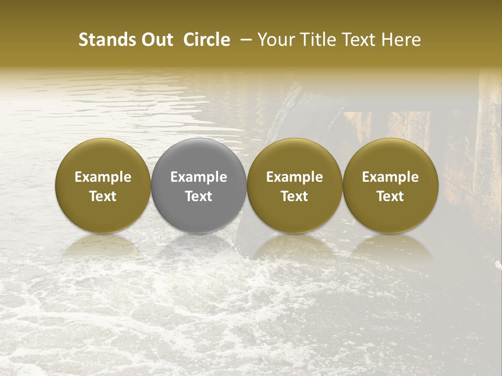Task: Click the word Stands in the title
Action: pyautogui.click(x=105, y=40)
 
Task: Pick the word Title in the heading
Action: pyautogui.click(x=318, y=40)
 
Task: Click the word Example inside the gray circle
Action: pyautogui.click(x=199, y=177)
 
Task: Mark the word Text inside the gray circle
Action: pyautogui.click(x=199, y=196)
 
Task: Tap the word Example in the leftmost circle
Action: pyautogui.click(x=103, y=177)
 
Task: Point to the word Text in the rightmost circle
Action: pyautogui.click(x=390, y=196)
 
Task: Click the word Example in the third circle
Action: pyautogui.click(x=294, y=177)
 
